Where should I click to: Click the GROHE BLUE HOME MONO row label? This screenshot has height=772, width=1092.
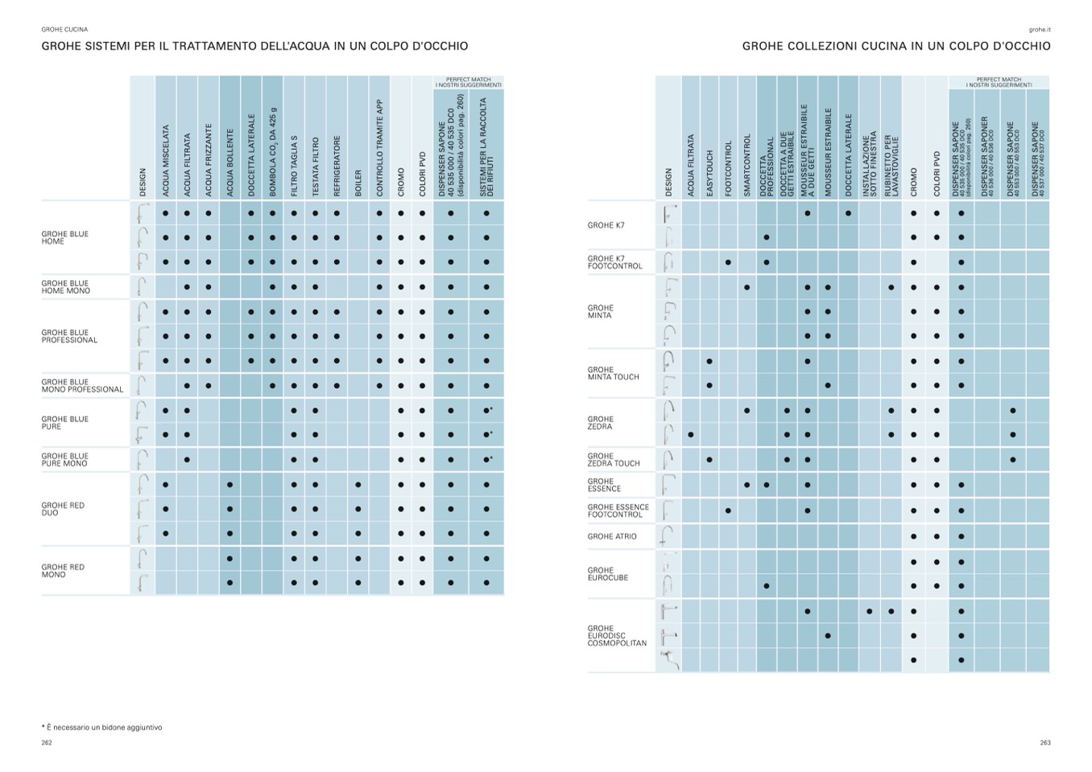tap(65, 287)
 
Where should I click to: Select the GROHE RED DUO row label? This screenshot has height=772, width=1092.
tap(63, 510)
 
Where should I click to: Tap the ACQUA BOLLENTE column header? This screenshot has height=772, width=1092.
tap(230, 162)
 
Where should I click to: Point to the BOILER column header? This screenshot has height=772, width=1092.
tap(358, 182)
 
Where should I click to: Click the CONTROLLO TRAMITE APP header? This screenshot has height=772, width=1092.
tap(379, 148)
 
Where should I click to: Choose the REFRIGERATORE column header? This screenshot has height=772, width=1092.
tap(337, 165)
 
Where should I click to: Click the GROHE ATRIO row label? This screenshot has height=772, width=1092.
tap(612, 537)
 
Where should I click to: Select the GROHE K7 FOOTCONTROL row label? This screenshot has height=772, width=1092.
tap(614, 262)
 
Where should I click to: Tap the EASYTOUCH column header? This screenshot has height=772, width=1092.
tap(709, 172)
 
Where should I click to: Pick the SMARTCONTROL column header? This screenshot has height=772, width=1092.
tap(747, 165)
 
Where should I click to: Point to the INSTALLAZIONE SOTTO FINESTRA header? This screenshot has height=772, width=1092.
tap(870, 166)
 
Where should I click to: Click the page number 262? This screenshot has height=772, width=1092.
tap(47, 743)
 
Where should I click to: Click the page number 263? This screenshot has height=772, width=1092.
tap(1044, 743)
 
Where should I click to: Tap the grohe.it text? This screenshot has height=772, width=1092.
tap(1040, 30)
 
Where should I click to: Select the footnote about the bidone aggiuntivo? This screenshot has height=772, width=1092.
tap(101, 728)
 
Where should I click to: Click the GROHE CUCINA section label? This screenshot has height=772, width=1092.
tap(64, 30)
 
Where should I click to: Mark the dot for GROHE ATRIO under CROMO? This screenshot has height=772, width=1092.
tap(913, 537)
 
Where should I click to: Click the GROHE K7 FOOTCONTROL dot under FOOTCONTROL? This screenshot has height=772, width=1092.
tap(728, 262)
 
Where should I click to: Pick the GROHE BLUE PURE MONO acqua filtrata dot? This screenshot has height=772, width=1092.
tap(187, 460)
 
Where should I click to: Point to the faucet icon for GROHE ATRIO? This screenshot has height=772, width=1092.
tap(667, 536)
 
